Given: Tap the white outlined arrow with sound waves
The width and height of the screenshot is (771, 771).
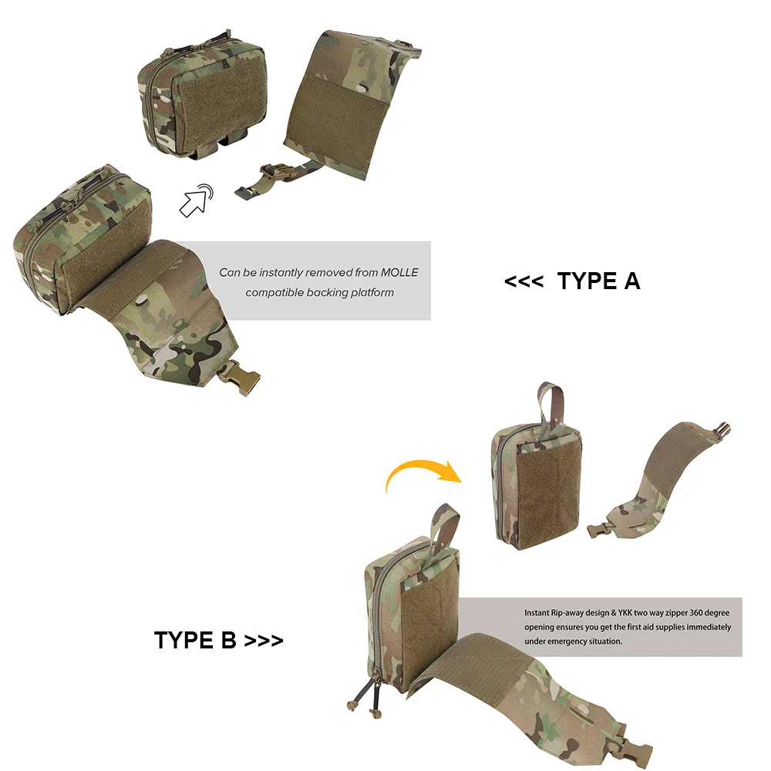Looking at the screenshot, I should [x=196, y=200].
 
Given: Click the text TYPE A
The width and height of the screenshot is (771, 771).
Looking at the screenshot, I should [x=598, y=281].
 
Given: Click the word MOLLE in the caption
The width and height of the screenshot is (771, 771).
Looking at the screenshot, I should [x=399, y=272].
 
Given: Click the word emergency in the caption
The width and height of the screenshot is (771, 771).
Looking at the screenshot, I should [x=577, y=641].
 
